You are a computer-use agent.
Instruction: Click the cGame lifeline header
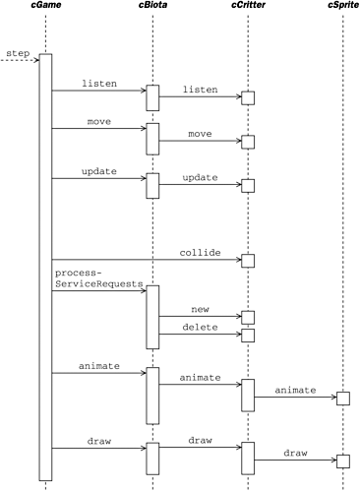pyautogui.click(x=45, y=9)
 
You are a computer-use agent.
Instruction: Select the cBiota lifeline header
pyautogui.click(x=152, y=9)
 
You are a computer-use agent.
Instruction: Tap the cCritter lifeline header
pyautogui.click(x=248, y=9)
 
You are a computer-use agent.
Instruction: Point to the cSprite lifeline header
pyautogui.click(x=342, y=9)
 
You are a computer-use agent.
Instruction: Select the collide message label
pyautogui.click(x=200, y=251)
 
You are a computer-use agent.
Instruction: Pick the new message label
pyautogui.click(x=200, y=308)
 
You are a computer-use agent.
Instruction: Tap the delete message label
pyautogui.click(x=200, y=327)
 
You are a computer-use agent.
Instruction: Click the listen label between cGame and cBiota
pyautogui.click(x=98, y=84)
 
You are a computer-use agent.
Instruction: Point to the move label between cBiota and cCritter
pyautogui.click(x=200, y=133)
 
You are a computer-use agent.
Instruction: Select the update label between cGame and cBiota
pyautogui.click(x=98, y=171)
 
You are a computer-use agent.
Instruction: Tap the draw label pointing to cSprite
pyautogui.click(x=294, y=452)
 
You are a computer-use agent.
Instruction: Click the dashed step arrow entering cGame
pyautogui.click(x=20, y=61)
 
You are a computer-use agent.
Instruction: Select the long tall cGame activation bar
pyautogui.click(x=45, y=266)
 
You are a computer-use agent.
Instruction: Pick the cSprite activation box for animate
pyautogui.click(x=342, y=398)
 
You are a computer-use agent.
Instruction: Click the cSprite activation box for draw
pyautogui.click(x=342, y=460)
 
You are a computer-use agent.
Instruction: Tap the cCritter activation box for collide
pyautogui.click(x=248, y=261)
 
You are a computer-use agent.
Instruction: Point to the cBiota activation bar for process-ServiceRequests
pyautogui.click(x=152, y=317)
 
